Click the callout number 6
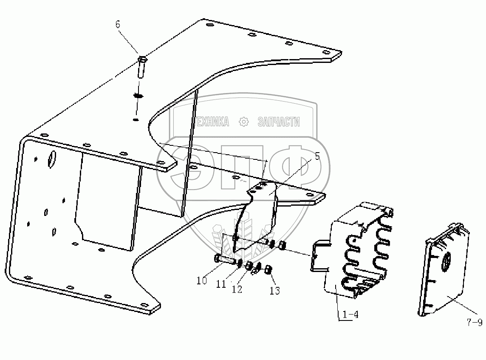pyautogui.click(x=118, y=24)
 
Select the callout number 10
pyautogui.click(x=201, y=281)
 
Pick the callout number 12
pyautogui.click(x=237, y=289)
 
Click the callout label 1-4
pyautogui.click(x=348, y=315)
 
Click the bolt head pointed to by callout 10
pyautogui.click(x=217, y=258)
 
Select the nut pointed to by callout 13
pyautogui.click(x=268, y=270)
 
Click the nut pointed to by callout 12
pyautogui.click(x=249, y=266)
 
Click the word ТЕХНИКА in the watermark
pyautogui.click(x=211, y=122)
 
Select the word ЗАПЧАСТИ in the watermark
pyautogui.click(x=279, y=122)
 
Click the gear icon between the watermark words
pyautogui.click(x=243, y=122)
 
